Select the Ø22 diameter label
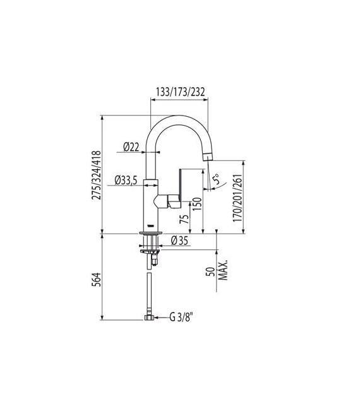pos(131,147)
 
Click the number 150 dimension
pos(196,205)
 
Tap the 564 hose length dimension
pos(97,280)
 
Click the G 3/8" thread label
pos(181,318)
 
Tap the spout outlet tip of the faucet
pos(205,158)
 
